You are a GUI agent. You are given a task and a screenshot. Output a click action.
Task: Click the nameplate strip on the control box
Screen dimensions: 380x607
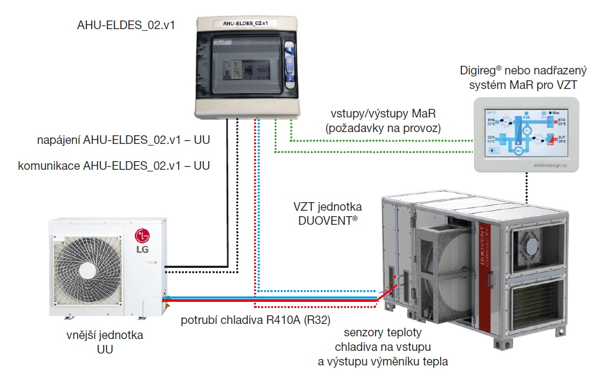(246, 23)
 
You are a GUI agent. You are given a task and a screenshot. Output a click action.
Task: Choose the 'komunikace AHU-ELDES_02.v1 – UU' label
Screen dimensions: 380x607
(114, 165)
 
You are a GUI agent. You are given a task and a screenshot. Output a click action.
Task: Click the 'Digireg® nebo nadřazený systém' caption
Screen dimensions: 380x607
(523, 78)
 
